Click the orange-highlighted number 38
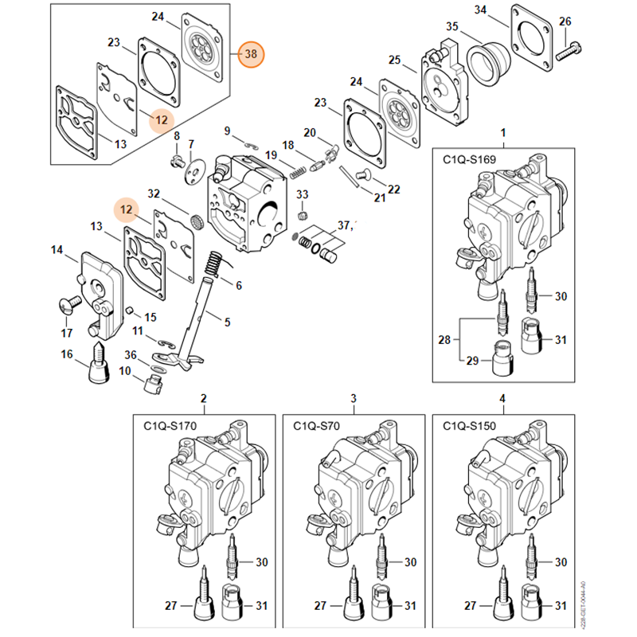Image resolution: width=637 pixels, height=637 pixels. (252, 54)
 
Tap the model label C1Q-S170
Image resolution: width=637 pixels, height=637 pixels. (170, 427)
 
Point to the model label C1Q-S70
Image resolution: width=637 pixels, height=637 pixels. (317, 427)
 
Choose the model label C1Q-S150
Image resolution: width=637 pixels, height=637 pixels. (469, 427)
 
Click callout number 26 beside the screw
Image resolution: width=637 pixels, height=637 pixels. (565, 21)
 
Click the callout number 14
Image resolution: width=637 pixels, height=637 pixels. (57, 250)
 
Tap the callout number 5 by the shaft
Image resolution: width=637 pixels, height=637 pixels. (227, 322)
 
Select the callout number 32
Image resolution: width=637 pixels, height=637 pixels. (154, 193)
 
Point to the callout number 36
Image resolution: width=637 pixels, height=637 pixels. (131, 355)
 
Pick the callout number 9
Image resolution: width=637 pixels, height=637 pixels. (227, 131)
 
